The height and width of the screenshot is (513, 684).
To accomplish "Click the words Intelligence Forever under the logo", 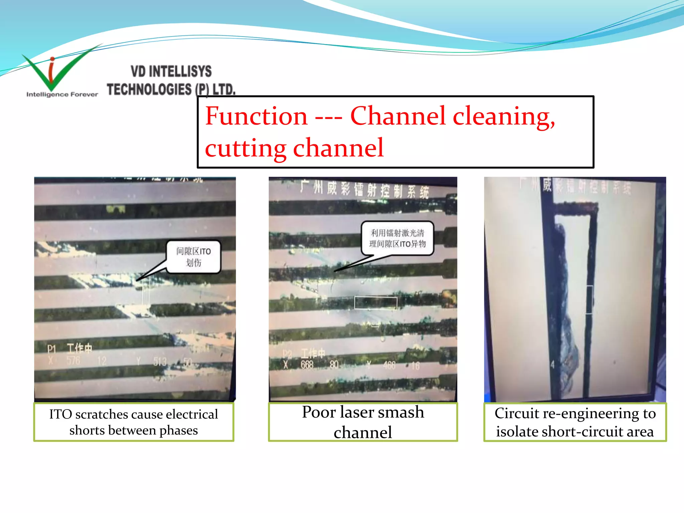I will click(x=62, y=95).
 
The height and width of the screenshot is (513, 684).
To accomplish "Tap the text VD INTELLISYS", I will click(x=171, y=71).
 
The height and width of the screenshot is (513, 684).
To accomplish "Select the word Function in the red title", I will click(x=256, y=116).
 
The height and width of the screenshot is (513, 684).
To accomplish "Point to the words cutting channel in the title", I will click(x=294, y=148).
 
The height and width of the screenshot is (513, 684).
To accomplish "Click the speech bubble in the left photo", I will click(x=194, y=257).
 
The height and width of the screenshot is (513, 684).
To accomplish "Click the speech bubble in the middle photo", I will click(x=397, y=238).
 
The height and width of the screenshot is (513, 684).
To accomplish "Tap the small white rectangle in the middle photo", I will click(x=376, y=303).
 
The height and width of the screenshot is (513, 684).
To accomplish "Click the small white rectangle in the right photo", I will click(x=589, y=300).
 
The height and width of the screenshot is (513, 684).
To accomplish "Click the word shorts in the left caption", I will click(x=84, y=430).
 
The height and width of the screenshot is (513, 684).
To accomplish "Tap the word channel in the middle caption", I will click(x=363, y=433).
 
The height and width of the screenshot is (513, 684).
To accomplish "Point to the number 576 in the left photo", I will click(x=73, y=361).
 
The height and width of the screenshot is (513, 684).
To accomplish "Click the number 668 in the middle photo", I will click(x=307, y=365).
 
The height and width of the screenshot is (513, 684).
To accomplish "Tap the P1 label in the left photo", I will click(x=51, y=349).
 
